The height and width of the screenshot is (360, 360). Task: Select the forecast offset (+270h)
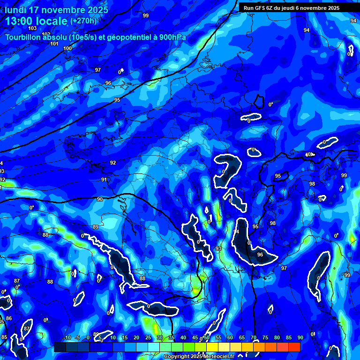click(83, 21)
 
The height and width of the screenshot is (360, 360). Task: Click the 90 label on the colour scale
click(300, 338)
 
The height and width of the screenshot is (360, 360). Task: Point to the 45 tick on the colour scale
click(195, 338)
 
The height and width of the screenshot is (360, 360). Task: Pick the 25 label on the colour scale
click(148, 338)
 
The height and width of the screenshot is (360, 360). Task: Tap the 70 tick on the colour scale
click(254, 338)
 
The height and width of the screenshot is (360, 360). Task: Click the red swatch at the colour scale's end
click(294, 347)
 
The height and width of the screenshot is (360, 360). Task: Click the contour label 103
click(32, 29)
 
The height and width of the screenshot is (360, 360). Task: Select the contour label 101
click(54, 44)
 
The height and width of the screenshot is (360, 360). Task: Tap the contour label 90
click(100, 199)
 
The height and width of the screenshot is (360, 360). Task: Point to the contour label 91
click(104, 180)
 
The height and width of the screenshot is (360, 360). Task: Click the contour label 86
click(8, 319)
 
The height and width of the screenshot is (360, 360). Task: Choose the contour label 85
click(4, 337)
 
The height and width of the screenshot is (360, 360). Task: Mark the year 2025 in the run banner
click(333, 8)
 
